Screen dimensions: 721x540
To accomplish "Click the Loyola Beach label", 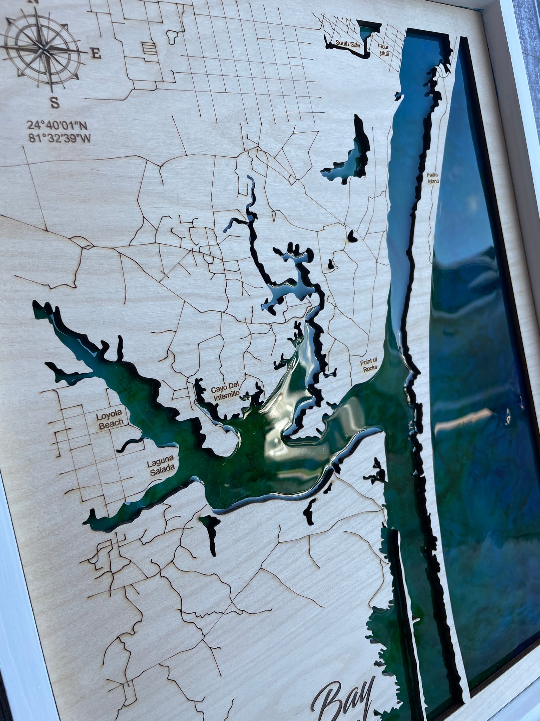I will [111, 421].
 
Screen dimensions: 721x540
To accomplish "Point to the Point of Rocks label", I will [368, 364].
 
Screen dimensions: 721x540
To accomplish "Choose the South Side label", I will [347, 44].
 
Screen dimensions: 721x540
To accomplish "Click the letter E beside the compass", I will [96, 54].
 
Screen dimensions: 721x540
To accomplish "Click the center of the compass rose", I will [43, 51].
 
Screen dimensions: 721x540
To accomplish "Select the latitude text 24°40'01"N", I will [58, 126].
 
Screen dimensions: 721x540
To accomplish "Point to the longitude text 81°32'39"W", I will [60, 138].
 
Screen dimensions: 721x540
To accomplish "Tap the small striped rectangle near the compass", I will [149, 48].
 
